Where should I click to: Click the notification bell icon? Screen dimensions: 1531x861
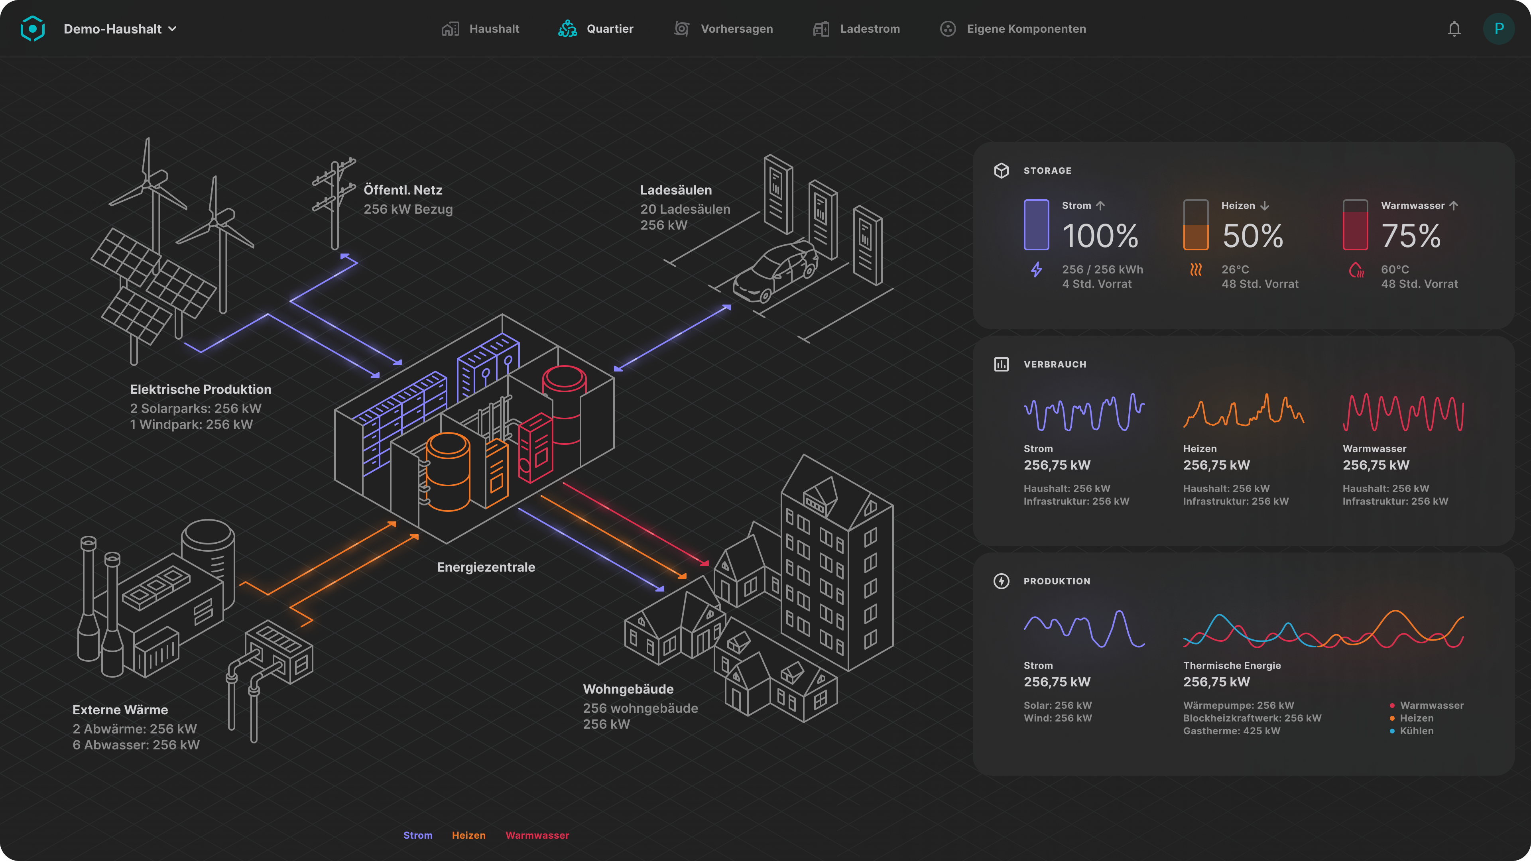(x=1454, y=29)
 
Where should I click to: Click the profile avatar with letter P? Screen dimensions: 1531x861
(x=1498, y=29)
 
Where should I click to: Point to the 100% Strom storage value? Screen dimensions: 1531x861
(x=1100, y=236)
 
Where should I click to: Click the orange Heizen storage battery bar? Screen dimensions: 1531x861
(x=1196, y=224)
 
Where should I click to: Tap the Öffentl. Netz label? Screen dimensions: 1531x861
(x=403, y=190)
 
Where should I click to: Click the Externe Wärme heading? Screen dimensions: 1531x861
(x=120, y=710)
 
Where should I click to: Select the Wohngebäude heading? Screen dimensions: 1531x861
(x=628, y=689)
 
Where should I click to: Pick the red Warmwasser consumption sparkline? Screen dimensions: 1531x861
(x=1403, y=412)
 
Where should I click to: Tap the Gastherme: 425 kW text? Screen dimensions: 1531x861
(x=1232, y=731)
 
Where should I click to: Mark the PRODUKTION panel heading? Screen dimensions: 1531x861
(x=1057, y=581)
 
